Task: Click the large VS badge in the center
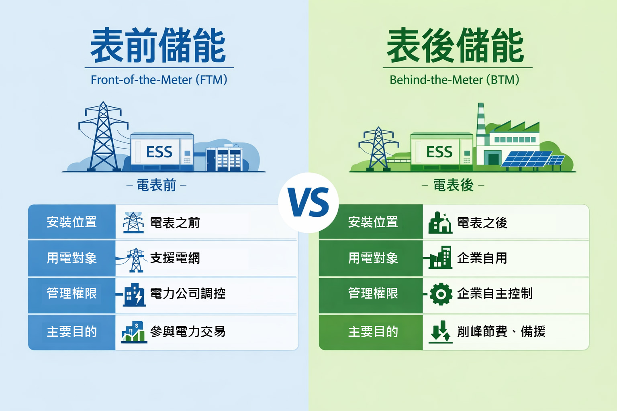pos(308,203)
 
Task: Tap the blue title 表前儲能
pos(158,46)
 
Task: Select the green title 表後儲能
pos(456,46)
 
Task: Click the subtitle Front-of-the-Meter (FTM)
pos(159,79)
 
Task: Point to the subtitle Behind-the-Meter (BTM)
pos(454,79)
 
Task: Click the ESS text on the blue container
pos(159,152)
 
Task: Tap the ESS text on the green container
pos(439,152)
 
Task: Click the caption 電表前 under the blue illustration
pos(156,185)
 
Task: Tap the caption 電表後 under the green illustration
pos(453,185)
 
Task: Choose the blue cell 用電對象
pos(72,258)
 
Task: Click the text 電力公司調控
pos(188,293)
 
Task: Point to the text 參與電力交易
pos(188,332)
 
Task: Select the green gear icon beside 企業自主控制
pos(441,294)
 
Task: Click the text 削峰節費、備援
pos(501,332)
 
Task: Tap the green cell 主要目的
pos(372,332)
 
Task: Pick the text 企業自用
pos(482,258)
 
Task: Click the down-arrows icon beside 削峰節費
pos(440,332)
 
